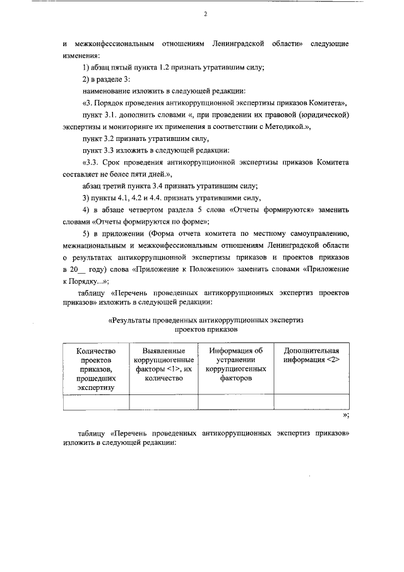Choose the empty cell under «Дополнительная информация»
[x=311, y=402]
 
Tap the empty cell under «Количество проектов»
[x=97, y=402]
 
